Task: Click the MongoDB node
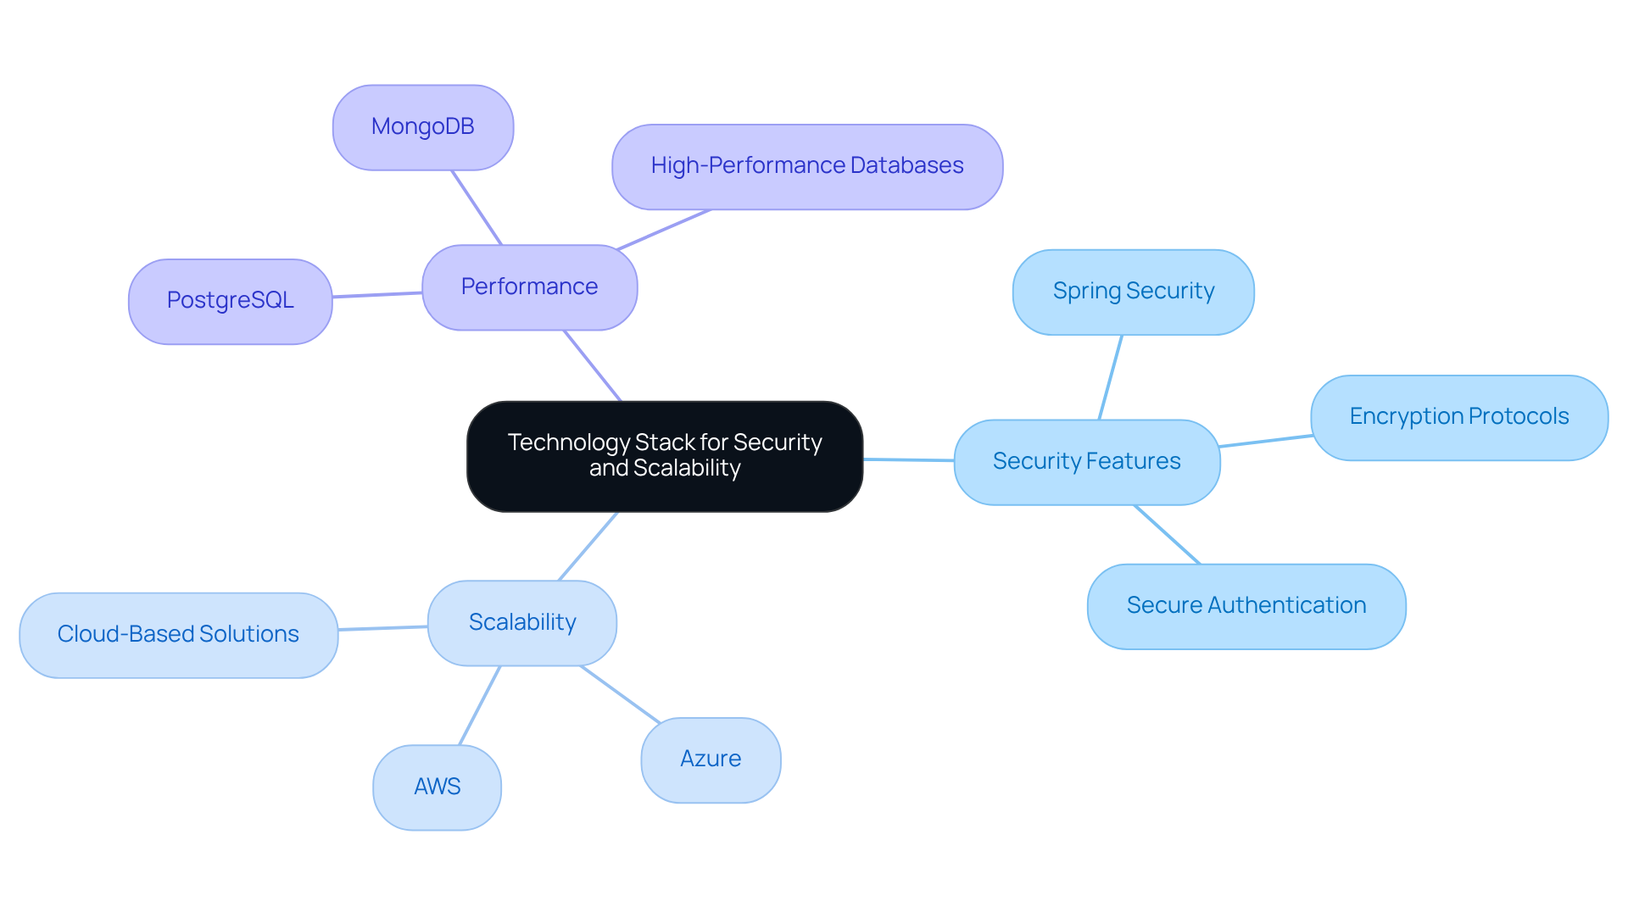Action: pyautogui.click(x=422, y=127)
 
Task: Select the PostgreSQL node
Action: pyautogui.click(x=230, y=301)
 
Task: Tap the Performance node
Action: pyautogui.click(x=529, y=287)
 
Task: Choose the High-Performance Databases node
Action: pyautogui.click(x=806, y=166)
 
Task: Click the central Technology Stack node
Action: pyautogui.click(x=664, y=456)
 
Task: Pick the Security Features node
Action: pyautogui.click(x=1086, y=462)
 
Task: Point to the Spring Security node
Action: pyautogui.click(x=1133, y=292)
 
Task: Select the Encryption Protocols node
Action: pyautogui.click(x=1458, y=417)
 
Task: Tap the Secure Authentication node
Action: pyautogui.click(x=1246, y=606)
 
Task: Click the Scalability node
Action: pyautogui.click(x=521, y=623)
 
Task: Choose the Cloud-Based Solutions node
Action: pyautogui.click(x=178, y=635)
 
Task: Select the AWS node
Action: pyautogui.click(x=437, y=787)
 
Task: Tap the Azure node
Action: pyautogui.click(x=711, y=759)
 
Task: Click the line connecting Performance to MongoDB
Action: pyautogui.click(x=477, y=208)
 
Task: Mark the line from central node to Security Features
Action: pyautogui.click(x=908, y=460)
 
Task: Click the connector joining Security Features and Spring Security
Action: pyautogui.click(x=1111, y=377)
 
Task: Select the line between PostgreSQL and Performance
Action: pyautogui.click(x=377, y=295)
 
